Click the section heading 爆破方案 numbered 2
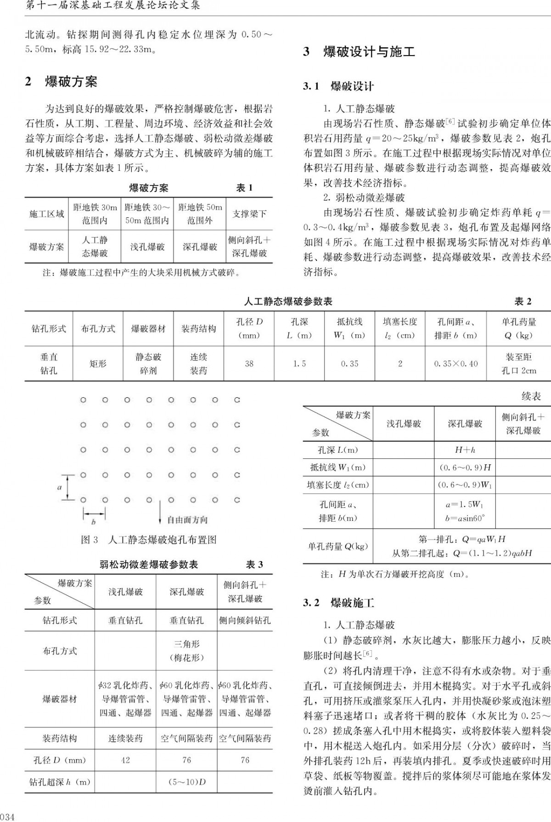coord(62,82)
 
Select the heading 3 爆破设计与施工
coord(359,51)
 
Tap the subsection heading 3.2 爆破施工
coord(339,602)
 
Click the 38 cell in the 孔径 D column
coord(249,364)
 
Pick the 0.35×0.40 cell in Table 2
coord(455,364)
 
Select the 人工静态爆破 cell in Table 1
coord(95,247)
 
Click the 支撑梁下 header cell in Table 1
coord(249,214)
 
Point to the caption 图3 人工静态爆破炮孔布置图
coord(148,540)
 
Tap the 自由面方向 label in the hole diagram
coord(187,520)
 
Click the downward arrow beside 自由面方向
coord(160,513)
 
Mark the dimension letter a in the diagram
coord(59,487)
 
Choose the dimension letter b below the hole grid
coord(94,522)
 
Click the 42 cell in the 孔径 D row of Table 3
coord(125,760)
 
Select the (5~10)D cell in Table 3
coord(186,782)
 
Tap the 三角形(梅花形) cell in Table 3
coord(186,651)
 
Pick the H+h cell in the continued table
coord(465,450)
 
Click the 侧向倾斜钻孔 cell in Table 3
coord(245,620)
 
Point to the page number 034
coord(8,816)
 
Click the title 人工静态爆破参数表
coord(288,302)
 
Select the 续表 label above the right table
coord(531,396)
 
